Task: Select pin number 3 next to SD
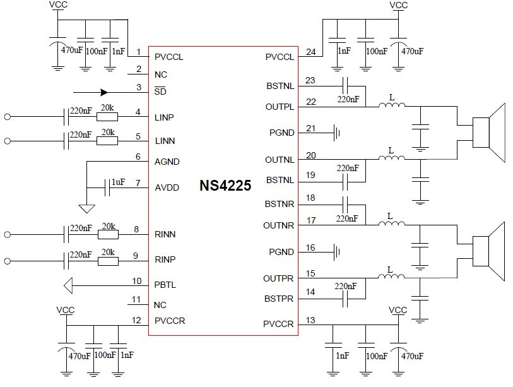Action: coord(138,87)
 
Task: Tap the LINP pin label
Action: coord(165,117)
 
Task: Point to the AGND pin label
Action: coord(167,162)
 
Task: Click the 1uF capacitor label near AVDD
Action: coord(118,182)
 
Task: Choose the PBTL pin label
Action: coord(165,285)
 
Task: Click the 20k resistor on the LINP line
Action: coord(107,117)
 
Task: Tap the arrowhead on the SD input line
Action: coord(105,92)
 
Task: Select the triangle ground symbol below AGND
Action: coord(87,208)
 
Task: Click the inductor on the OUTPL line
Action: coord(391,105)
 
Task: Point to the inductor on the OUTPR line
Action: coord(391,276)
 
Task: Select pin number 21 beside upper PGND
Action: coord(310,128)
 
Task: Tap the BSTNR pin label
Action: coord(280,205)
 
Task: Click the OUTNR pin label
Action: coord(280,225)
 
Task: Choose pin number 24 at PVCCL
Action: coord(310,52)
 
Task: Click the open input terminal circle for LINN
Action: coord(8,141)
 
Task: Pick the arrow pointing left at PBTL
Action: coord(69,285)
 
